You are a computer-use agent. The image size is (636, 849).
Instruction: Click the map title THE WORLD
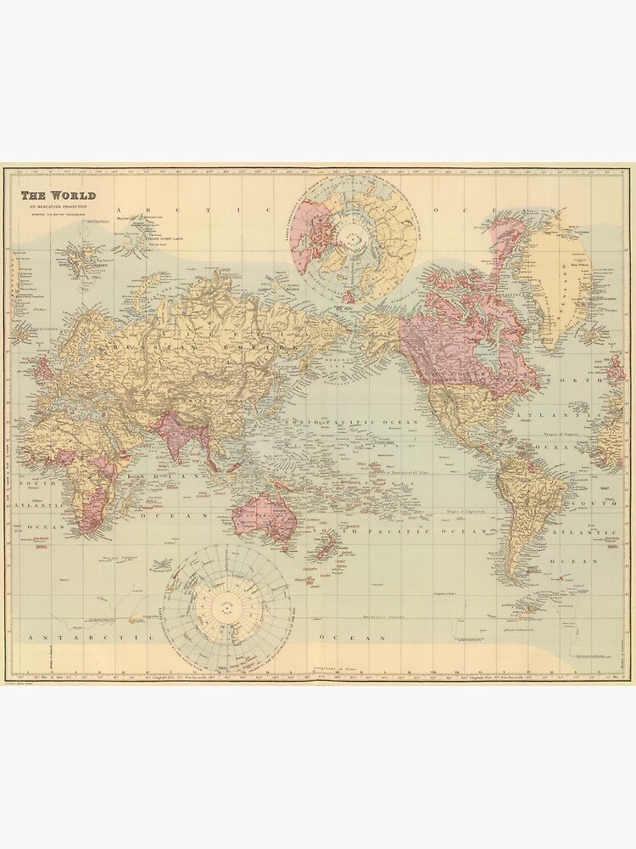pyautogui.click(x=59, y=195)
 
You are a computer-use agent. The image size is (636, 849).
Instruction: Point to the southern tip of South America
pyautogui.click(x=531, y=593)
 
